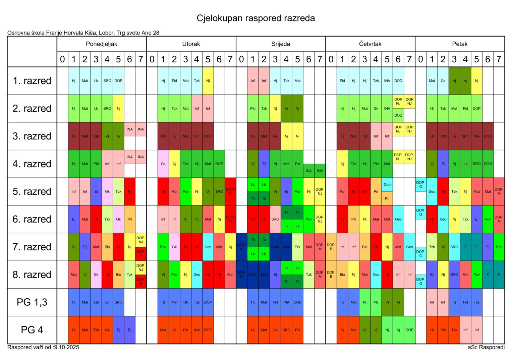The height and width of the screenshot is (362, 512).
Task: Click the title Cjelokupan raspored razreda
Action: pyautogui.click(x=255, y=18)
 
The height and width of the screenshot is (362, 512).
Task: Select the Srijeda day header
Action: pyautogui.click(x=281, y=44)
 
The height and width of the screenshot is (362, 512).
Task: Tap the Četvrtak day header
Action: pyautogui.click(x=370, y=44)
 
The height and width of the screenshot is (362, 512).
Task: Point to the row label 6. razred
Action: pyautogui.click(x=32, y=219)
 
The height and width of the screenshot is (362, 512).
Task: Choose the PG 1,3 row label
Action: pyautogui.click(x=32, y=302)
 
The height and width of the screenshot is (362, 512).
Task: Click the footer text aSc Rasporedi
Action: pyautogui.click(x=486, y=347)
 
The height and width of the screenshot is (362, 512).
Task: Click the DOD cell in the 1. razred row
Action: pyautogui.click(x=398, y=81)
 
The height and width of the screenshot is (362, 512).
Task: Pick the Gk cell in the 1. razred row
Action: pyautogui.click(x=443, y=81)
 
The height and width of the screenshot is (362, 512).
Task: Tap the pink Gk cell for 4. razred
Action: pyautogui.click(x=163, y=164)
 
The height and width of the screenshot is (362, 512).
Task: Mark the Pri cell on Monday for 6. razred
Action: pyautogui.click(x=129, y=219)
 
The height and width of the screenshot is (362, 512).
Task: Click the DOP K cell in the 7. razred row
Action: pyautogui.click(x=241, y=247)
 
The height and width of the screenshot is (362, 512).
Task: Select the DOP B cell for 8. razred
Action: pyautogui.click(x=331, y=275)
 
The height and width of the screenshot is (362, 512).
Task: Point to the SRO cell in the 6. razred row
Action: pyautogui.click(x=275, y=219)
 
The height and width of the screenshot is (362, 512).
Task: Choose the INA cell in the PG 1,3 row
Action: pyautogui.click(x=286, y=302)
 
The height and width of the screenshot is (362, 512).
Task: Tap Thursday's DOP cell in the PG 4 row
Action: pyautogui.click(x=409, y=330)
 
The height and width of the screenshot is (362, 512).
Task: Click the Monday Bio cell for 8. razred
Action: pyautogui.click(x=118, y=275)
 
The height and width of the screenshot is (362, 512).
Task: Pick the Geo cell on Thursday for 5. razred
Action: pyautogui.click(x=387, y=185)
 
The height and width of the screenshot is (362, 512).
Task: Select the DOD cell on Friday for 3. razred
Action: pyautogui.click(x=488, y=136)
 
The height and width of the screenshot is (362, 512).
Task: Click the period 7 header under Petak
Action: pyautogui.click(x=499, y=59)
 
